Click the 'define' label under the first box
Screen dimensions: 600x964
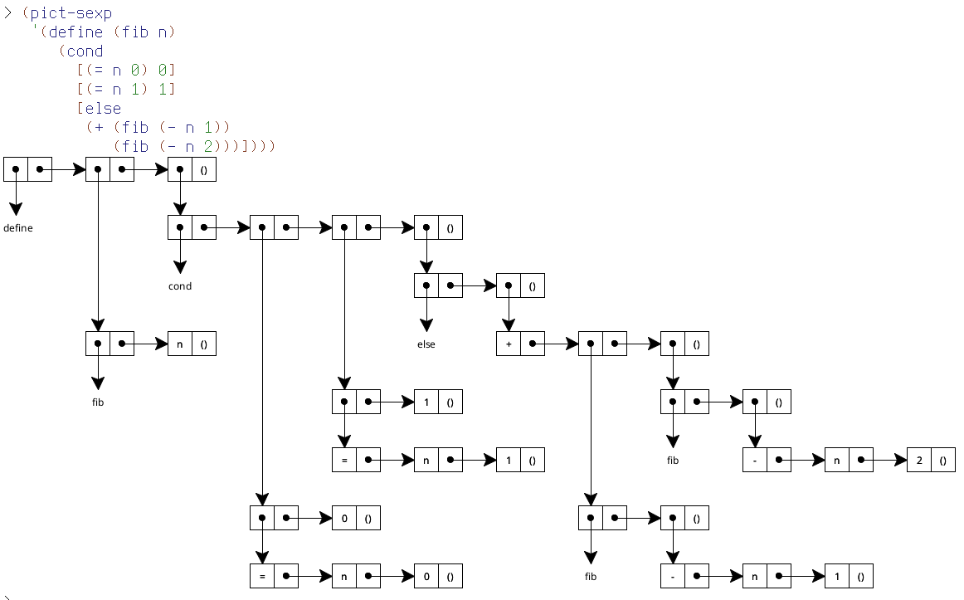[x=18, y=228]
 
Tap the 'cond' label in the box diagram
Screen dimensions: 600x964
[x=180, y=286]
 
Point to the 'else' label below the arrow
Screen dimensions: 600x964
[x=426, y=344]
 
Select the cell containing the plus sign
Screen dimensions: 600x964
[x=509, y=344]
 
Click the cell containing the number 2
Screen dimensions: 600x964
[x=919, y=460]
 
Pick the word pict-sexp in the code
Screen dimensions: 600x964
[x=63, y=14]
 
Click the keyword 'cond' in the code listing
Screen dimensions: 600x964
[x=85, y=51]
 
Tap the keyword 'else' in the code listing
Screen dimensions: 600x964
[x=102, y=108]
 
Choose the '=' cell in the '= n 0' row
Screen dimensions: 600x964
[x=262, y=576]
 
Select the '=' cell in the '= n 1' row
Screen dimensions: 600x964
[x=343, y=460]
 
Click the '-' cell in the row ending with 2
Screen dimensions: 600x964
[x=755, y=460]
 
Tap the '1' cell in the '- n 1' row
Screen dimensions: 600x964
[x=837, y=576]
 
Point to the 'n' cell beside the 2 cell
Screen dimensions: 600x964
[x=837, y=460]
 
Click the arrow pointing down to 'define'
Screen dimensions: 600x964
[x=16, y=199]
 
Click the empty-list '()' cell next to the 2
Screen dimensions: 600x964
[x=943, y=460]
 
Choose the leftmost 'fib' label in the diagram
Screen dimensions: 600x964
[x=98, y=402]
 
